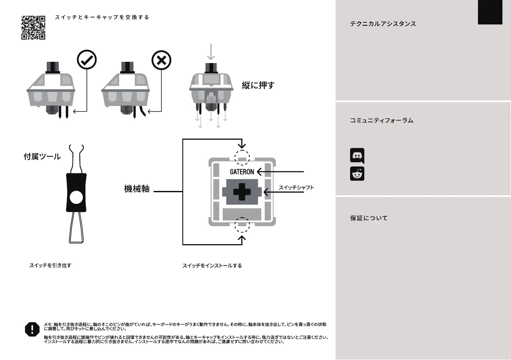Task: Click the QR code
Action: point(33,28)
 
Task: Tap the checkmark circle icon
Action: point(87,61)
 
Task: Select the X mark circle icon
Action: point(161,61)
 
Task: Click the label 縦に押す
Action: point(258,85)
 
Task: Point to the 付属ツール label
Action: point(42,157)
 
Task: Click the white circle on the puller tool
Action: point(76,197)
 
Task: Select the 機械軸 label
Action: point(137,189)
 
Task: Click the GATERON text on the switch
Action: point(242,172)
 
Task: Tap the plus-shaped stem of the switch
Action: point(242,192)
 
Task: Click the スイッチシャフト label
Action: point(296,188)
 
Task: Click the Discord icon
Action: point(357,155)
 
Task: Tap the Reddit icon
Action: point(357,173)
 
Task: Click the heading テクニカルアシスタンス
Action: point(383,24)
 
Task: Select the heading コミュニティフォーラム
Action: point(381,121)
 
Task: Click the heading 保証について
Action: point(369,218)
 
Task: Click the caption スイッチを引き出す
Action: point(50,266)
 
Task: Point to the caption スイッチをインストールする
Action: point(212,266)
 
